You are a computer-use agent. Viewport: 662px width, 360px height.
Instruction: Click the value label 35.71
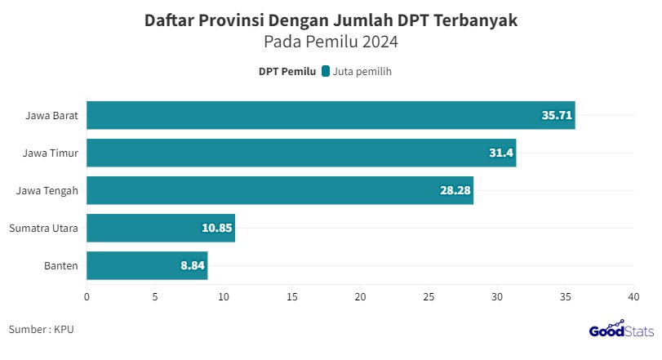click(557, 115)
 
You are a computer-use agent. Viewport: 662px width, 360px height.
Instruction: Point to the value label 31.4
click(500, 153)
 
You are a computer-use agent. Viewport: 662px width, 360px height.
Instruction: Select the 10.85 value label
click(217, 228)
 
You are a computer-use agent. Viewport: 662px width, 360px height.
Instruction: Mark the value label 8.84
click(193, 265)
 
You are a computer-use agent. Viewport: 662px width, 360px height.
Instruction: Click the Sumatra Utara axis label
click(43, 228)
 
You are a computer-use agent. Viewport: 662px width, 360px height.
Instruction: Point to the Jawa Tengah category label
click(47, 190)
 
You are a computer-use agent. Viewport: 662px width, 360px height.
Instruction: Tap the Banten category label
click(61, 265)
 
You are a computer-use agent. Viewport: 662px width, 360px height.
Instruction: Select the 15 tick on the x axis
click(291, 297)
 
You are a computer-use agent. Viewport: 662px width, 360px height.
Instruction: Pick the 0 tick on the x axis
click(87, 297)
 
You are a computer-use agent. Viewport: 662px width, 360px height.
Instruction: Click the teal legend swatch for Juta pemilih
click(326, 72)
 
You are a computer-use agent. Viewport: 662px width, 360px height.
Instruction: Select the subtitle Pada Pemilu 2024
click(331, 42)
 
